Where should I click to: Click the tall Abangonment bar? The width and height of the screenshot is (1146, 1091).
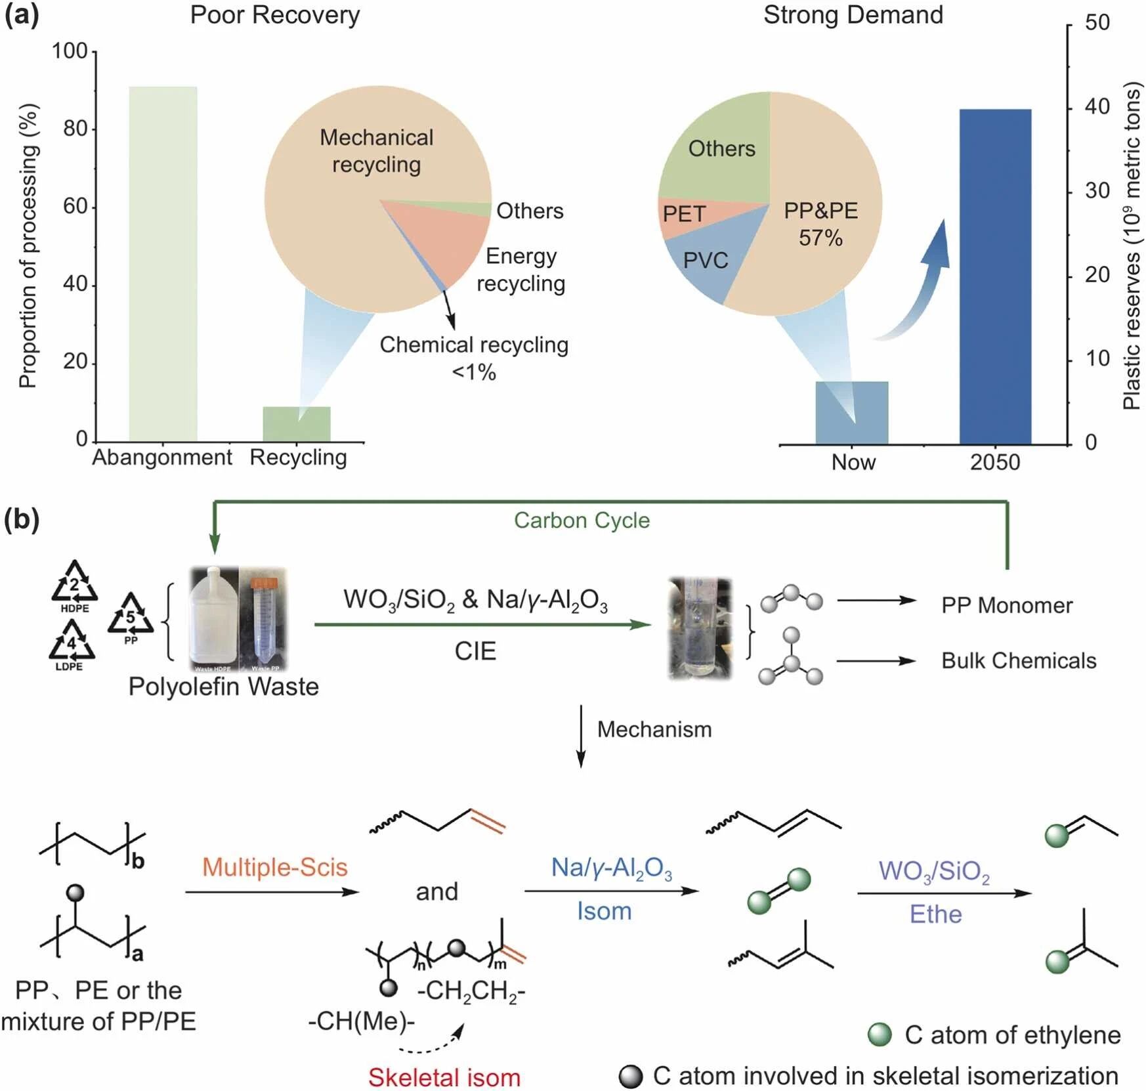[163, 263]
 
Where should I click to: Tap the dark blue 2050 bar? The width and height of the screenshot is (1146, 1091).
[995, 276]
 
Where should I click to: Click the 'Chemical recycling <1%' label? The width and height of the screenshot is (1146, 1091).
[474, 358]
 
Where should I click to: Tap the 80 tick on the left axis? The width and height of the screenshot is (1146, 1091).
[75, 129]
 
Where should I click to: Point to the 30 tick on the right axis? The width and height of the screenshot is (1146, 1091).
[1097, 191]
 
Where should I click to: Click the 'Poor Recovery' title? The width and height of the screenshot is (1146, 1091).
[275, 15]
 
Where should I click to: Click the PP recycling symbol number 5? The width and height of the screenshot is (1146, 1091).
[131, 615]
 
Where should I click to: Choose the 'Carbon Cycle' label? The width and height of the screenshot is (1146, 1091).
[582, 520]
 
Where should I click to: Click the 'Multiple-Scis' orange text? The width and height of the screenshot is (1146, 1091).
[274, 867]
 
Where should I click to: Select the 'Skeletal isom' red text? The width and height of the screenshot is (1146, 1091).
[444, 1077]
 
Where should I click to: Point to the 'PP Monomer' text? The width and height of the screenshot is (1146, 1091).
[1006, 605]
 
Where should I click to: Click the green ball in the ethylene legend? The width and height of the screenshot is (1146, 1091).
[880, 1035]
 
